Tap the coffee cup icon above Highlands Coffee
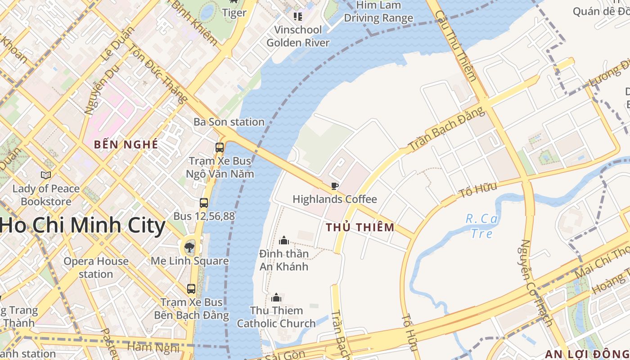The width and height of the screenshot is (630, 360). [x=334, y=186]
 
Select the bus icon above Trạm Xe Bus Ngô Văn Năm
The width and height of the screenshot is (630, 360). [x=220, y=147]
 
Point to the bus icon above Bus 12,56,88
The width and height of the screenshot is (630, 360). [x=204, y=203]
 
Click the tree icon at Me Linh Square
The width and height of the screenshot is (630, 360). [x=189, y=247]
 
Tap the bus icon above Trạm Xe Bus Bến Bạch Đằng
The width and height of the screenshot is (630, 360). [x=191, y=288]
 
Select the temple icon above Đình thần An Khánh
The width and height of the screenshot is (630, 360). [x=284, y=240]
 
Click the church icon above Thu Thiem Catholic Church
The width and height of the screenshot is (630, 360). [x=276, y=297]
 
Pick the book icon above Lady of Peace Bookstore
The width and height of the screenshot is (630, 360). [x=45, y=175]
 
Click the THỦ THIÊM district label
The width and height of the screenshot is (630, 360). [x=360, y=227]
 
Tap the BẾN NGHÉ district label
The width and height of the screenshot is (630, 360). [x=126, y=144]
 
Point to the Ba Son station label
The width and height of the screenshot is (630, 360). [x=229, y=122]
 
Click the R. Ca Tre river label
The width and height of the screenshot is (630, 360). [x=481, y=226]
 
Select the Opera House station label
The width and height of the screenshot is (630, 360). [x=96, y=267]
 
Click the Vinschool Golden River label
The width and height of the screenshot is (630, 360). [x=298, y=36]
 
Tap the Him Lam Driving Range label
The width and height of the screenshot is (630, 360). [x=378, y=12]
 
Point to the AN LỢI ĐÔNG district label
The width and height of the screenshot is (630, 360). [x=587, y=354]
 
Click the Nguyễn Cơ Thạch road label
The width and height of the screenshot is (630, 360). [x=535, y=282]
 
